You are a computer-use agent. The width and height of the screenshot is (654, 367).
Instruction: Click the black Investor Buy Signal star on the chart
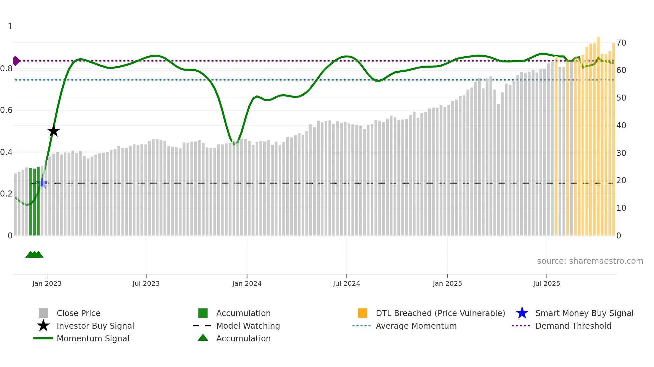pos(53,131)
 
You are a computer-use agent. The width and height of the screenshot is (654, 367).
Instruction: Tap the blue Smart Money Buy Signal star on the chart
pos(43,183)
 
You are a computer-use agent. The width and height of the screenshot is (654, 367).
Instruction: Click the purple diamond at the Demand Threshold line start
pos(16,61)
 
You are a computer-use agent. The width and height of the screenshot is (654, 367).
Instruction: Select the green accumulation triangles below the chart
pos(34,254)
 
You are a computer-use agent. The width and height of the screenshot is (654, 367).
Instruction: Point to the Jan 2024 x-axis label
pos(247,283)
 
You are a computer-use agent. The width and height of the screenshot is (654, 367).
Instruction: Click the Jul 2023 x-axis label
pos(146,283)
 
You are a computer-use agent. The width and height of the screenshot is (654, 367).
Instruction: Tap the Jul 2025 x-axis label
pos(546,283)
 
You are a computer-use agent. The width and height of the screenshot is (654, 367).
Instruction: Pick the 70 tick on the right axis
pos(621,43)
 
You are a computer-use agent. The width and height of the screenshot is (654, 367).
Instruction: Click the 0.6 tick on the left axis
pos(6,110)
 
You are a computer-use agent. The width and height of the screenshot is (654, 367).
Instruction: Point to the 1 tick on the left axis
pos(10,26)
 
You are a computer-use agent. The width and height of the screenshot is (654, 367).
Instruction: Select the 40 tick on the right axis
pos(621,125)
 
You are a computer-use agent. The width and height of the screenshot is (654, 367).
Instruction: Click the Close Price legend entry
pos(78,313)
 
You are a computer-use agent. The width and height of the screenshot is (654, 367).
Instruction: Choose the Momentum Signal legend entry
pos(93,338)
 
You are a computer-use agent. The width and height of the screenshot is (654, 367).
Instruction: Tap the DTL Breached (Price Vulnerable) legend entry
pos(440,313)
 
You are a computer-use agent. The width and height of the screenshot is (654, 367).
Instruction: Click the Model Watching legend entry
pos(248,326)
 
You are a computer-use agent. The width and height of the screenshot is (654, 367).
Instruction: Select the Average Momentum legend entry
pos(416,326)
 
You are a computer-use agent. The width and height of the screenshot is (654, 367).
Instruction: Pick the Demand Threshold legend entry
pos(573,326)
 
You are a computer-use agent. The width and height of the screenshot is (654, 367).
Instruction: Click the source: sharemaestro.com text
pos(590,261)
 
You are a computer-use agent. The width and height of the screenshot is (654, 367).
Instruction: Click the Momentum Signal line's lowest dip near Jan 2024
pos(234,144)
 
